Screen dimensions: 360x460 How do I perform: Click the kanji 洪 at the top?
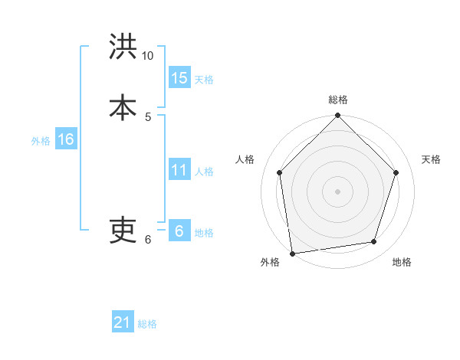coord(123,47)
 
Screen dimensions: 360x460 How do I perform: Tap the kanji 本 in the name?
coord(123,106)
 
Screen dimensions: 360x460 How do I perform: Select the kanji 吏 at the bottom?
coord(123,229)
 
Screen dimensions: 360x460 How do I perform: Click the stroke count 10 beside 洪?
coord(148,56)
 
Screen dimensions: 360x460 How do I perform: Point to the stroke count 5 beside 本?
coord(148,116)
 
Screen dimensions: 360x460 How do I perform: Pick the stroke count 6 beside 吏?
coord(148,239)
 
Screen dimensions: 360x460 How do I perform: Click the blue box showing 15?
coord(179,78)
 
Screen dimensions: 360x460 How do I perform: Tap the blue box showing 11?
coord(179,170)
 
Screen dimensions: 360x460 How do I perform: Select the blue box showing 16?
coord(65,139)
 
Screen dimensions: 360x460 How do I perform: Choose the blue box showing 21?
coord(123,322)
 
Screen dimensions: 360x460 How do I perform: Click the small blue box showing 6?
coord(179,231)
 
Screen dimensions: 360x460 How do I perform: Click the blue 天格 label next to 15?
coord(204,80)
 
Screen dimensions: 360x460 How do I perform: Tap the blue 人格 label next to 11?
coord(204,172)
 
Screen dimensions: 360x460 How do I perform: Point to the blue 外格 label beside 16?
coord(41,141)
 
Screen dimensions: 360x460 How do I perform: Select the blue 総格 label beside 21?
coord(147,324)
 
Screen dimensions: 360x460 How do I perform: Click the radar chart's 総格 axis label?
coord(338,100)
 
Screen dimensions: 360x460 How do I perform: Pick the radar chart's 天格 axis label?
coord(431,159)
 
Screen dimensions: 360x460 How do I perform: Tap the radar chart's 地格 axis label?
coord(402,263)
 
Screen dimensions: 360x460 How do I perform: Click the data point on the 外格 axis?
coord(292,253)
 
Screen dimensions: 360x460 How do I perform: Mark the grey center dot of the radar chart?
coord(337,191)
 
